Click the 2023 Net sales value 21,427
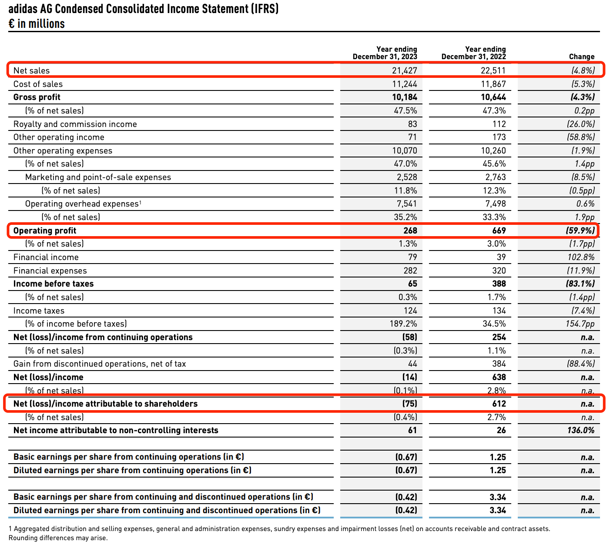point(404,70)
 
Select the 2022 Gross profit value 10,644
point(493,97)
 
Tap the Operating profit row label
point(45,231)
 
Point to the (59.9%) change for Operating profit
point(580,231)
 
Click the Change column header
point(581,57)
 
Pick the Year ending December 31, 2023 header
point(385,53)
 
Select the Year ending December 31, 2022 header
point(473,53)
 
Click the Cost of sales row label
point(38,84)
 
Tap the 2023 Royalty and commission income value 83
point(412,124)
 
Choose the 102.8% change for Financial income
point(581,257)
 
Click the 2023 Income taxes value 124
point(410,311)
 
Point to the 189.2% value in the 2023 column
point(403,324)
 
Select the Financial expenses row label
point(50,271)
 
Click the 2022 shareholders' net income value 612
point(499,404)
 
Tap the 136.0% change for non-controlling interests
point(580,430)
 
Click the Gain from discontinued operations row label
point(100,364)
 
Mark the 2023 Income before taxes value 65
point(412,284)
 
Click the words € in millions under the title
point(37,23)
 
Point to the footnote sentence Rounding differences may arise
point(58,538)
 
